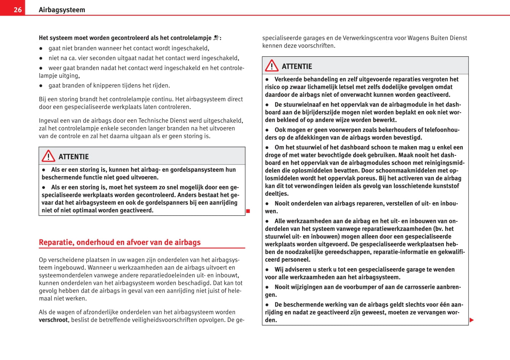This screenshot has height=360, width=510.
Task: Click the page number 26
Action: tap(18, 10)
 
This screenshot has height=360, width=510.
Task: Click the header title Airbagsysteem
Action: tap(62, 10)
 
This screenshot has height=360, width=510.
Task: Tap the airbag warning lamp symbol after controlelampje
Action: tap(216, 38)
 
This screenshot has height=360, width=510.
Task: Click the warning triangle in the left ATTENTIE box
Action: tap(48, 156)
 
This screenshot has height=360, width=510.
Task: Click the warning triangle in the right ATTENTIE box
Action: tap(272, 66)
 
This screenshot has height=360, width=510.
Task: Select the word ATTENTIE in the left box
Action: tap(74, 157)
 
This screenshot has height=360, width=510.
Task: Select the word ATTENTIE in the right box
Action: tap(297, 66)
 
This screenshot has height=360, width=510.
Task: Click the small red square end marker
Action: tap(248, 211)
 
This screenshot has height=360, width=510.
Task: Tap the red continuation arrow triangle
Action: tap(472, 320)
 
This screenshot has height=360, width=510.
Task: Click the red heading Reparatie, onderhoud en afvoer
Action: tap(120, 242)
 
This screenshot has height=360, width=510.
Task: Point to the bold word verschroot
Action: tap(53, 320)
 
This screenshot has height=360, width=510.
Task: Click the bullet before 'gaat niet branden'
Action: tap(41, 48)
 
